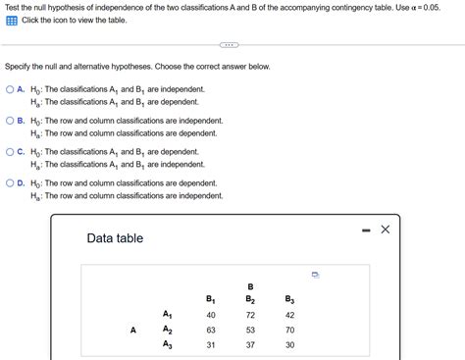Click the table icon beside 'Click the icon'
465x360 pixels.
click(11, 21)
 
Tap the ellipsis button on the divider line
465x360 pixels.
click(229, 45)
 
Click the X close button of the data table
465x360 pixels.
click(386, 230)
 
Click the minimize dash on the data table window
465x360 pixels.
click(364, 231)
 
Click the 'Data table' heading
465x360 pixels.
click(115, 238)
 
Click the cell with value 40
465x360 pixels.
click(211, 315)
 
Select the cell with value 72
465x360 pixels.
click(250, 315)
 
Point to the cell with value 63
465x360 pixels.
click(211, 331)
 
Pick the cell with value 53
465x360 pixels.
click(250, 331)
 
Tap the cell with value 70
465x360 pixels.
click(288, 331)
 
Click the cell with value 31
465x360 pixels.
click(211, 345)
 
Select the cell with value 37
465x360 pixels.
click(250, 345)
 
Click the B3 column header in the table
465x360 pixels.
click(288, 299)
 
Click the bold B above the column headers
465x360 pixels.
click(250, 286)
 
